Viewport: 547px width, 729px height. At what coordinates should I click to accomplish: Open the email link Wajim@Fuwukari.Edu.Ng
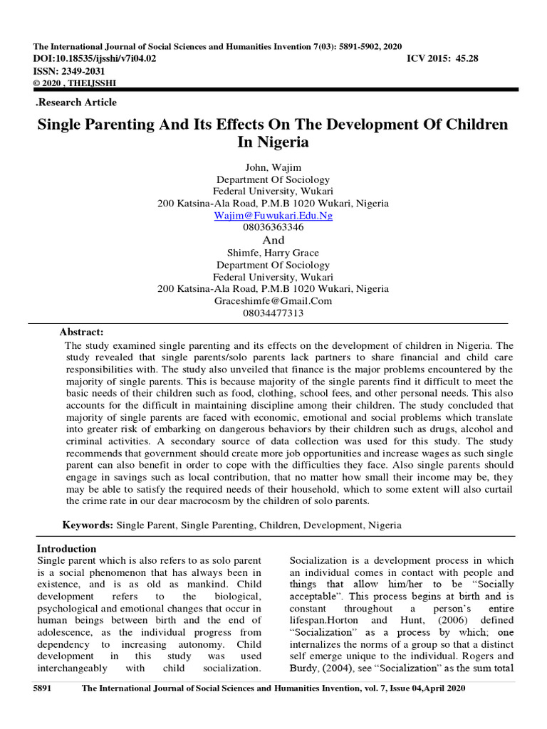tap(273, 215)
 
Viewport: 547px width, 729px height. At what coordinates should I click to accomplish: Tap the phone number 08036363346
tap(273, 227)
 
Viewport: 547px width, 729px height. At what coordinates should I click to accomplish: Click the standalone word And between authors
tap(273, 241)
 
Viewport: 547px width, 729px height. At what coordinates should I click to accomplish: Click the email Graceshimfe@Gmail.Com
tap(273, 300)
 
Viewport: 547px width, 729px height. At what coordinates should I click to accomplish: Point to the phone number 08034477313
tap(273, 313)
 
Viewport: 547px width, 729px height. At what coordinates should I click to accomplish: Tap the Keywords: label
tap(88, 525)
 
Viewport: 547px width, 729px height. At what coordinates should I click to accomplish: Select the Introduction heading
tap(66, 549)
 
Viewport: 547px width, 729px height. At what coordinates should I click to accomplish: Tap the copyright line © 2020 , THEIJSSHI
tap(75, 83)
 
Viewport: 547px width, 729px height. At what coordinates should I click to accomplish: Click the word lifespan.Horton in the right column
tap(325, 621)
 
